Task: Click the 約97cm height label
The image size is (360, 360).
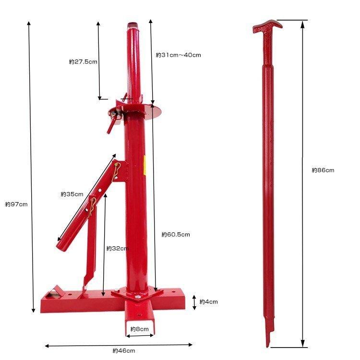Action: point(16,204)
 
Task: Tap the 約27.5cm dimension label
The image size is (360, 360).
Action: point(83,61)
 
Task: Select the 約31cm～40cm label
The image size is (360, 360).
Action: point(178,55)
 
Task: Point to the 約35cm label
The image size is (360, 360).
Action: point(72,194)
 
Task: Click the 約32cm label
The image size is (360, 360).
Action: point(117,248)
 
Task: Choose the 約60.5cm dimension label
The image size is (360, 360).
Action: point(176,234)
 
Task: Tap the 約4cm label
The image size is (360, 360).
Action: point(208,302)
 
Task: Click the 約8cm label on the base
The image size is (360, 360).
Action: point(139,329)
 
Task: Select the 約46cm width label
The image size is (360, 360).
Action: point(124,351)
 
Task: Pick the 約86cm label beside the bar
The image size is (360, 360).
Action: point(323,170)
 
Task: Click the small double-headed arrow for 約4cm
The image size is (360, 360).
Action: point(194,302)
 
